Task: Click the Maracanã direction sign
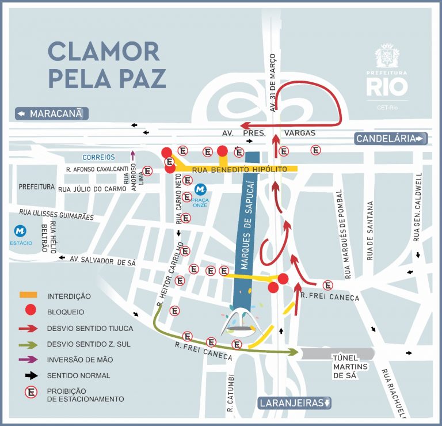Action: pyautogui.click(x=52, y=114)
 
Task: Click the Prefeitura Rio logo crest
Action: pyautogui.click(x=387, y=56)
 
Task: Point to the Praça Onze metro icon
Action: pyautogui.click(x=200, y=189)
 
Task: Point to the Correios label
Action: pyautogui.click(x=98, y=157)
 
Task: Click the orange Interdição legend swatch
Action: pyautogui.click(x=28, y=295)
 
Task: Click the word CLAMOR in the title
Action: pyautogui.click(x=104, y=52)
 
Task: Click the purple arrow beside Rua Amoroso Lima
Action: pyautogui.click(x=133, y=154)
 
